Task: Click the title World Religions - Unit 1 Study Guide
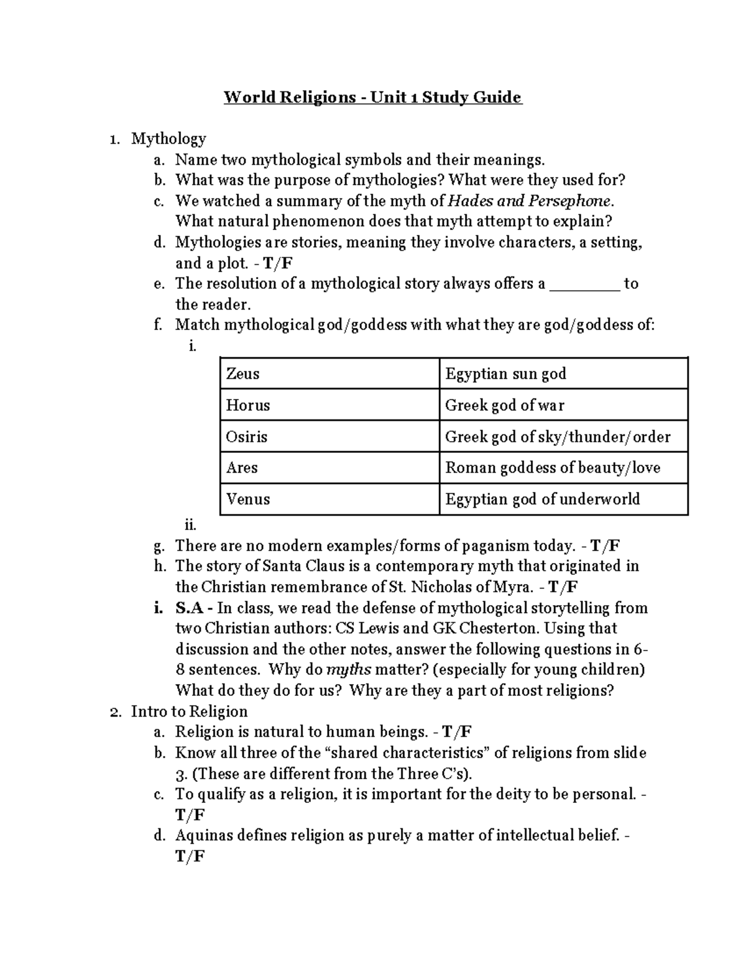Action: click(x=373, y=98)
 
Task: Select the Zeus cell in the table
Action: click(x=329, y=373)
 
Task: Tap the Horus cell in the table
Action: click(x=329, y=405)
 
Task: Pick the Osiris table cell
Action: click(x=329, y=437)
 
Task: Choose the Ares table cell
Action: click(x=329, y=467)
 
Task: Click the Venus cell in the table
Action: click(x=329, y=499)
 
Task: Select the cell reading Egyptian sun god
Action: click(x=563, y=373)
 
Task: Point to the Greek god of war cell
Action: click(x=563, y=405)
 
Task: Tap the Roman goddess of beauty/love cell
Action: click(x=563, y=467)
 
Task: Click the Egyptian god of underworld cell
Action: click(x=563, y=499)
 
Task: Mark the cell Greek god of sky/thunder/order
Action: click(x=563, y=437)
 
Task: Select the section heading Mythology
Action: click(x=168, y=139)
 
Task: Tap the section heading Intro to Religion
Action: click(x=189, y=711)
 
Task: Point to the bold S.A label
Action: click(x=191, y=608)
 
